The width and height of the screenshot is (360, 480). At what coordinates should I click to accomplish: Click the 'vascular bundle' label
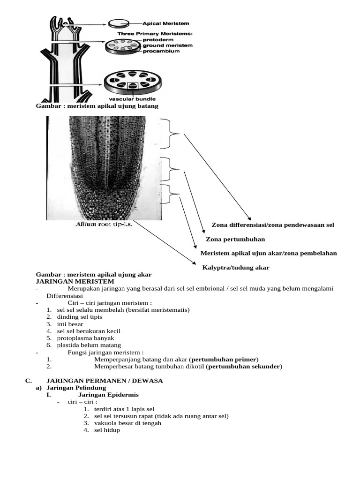pyautogui.click(x=132, y=99)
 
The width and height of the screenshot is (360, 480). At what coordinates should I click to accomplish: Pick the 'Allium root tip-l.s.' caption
pyautogui.click(x=104, y=225)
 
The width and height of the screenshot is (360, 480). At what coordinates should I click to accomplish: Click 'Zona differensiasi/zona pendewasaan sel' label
pyautogui.click(x=273, y=225)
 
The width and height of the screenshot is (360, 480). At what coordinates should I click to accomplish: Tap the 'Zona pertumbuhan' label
pyautogui.click(x=236, y=239)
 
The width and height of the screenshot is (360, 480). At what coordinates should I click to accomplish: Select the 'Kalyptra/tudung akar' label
pyautogui.click(x=236, y=268)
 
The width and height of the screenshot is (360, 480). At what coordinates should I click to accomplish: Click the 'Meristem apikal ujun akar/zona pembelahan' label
pyautogui.click(x=269, y=253)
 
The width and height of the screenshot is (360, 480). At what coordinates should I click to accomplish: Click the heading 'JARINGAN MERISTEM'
pyautogui.click(x=75, y=281)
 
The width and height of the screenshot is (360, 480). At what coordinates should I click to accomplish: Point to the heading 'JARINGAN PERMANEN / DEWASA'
pyautogui.click(x=104, y=381)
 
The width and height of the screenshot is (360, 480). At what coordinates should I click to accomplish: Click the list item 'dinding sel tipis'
pyautogui.click(x=79, y=317)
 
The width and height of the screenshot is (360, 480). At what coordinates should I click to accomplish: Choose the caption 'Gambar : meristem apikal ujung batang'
pyautogui.click(x=97, y=106)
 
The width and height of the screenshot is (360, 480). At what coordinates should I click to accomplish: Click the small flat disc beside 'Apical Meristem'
pyautogui.click(x=119, y=23)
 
